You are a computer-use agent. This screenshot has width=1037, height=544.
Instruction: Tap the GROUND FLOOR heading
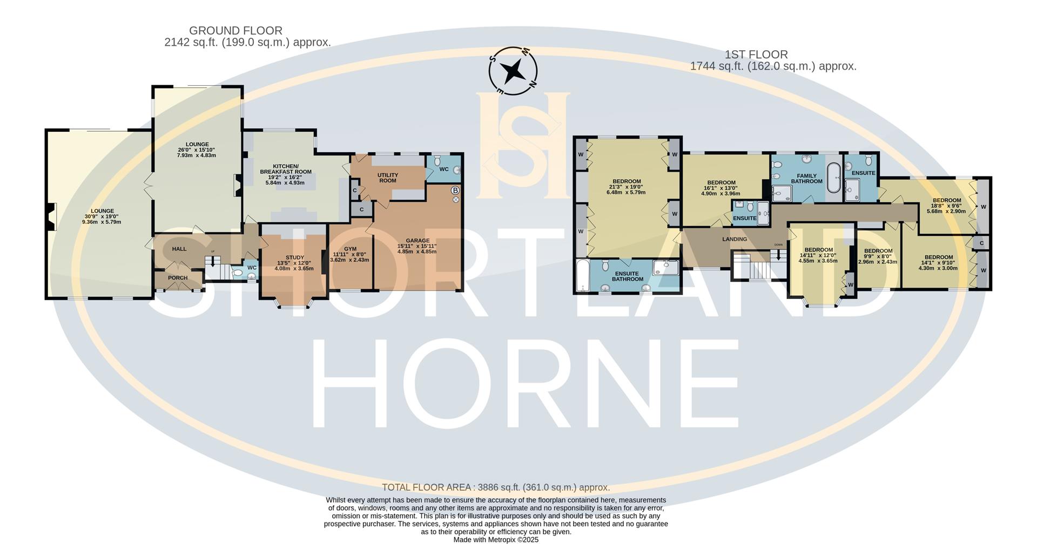(x=235, y=31)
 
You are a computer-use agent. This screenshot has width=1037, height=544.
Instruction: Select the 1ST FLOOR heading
(x=756, y=55)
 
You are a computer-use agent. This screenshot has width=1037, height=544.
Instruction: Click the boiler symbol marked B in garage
(x=455, y=191)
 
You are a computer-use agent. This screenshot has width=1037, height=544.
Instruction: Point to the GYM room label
(x=350, y=249)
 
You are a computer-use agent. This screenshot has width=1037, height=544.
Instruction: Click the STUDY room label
(x=294, y=257)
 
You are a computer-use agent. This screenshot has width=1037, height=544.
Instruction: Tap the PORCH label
(x=178, y=278)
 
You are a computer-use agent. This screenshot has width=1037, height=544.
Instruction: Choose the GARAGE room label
(x=418, y=241)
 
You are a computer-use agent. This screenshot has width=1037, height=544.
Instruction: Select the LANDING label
(x=735, y=239)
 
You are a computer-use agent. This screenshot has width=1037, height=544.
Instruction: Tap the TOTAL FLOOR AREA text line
(x=496, y=487)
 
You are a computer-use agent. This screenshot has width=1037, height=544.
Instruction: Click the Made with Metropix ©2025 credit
(x=496, y=539)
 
